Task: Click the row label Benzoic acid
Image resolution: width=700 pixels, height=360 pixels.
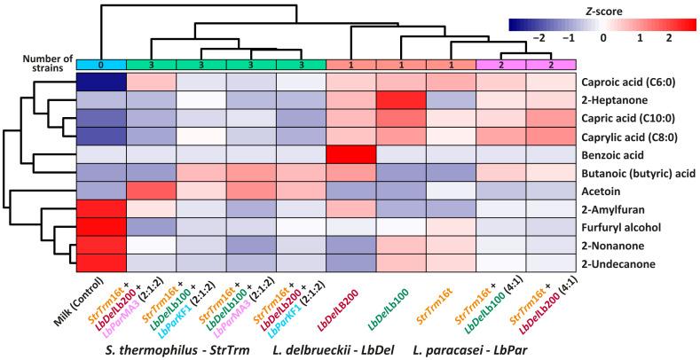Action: (x=617, y=153)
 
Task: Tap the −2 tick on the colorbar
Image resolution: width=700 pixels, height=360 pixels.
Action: (x=535, y=40)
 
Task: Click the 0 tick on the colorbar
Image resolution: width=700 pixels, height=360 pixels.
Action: (x=602, y=40)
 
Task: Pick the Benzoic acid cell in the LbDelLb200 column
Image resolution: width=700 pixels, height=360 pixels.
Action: (x=351, y=153)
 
